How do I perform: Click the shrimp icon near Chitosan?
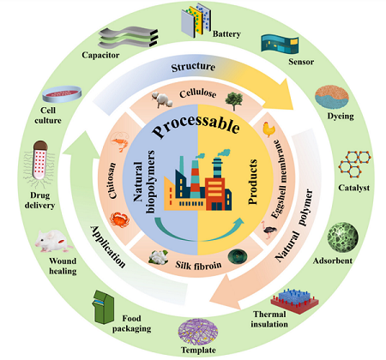pos(120,141)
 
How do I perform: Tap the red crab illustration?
pos(119,219)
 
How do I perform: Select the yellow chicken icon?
pos(269,129)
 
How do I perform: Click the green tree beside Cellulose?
pos(234,101)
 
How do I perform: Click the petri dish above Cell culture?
pos(62,93)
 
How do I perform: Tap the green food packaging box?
pos(103,307)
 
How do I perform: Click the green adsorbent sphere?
pos(342,237)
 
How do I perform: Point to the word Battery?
pos(226,34)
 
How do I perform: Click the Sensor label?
pos(301,62)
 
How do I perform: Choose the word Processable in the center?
pos(196,125)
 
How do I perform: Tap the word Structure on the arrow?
pos(193,67)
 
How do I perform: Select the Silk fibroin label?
pos(198,265)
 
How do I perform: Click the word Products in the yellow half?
pos(252,182)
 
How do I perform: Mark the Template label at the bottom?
pos(198,351)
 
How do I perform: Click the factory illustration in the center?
pos(198,183)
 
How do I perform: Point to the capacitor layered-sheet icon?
pos(128,38)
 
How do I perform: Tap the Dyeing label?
pos(341,117)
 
